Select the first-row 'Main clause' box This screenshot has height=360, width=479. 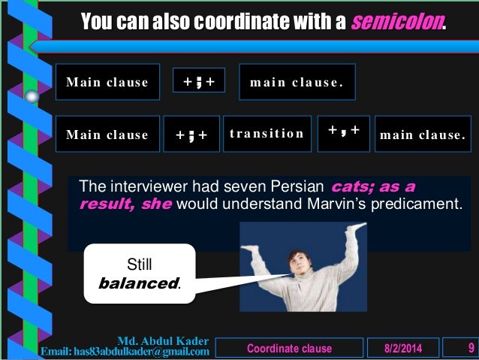107,83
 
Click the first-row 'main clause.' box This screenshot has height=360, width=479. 297,83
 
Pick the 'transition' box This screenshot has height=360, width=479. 267,134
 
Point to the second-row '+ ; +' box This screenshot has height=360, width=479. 191,135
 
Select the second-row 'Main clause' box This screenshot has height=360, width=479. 107,135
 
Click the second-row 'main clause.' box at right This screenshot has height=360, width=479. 423,135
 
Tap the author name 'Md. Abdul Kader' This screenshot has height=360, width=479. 164,341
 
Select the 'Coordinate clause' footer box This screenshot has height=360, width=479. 289,349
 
